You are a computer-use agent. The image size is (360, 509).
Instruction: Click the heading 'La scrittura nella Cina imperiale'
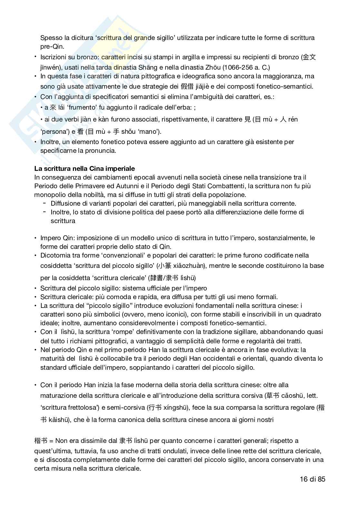click(85, 169)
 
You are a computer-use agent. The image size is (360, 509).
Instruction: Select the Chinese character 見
click(247, 120)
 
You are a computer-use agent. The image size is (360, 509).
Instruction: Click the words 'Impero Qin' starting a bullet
click(55, 238)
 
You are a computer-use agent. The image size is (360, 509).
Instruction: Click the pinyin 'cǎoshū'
click(293, 396)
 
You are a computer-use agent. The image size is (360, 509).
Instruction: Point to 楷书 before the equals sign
click(41, 441)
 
